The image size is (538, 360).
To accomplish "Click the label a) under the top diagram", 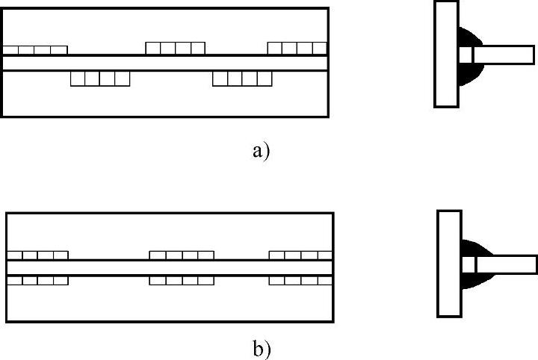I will pyautogui.click(x=260, y=152).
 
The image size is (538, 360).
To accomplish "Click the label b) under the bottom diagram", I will pyautogui.click(x=262, y=348).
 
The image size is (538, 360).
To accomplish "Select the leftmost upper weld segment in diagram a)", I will pyautogui.click(x=35, y=50).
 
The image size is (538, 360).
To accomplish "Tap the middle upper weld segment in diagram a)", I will pyautogui.click(x=175, y=49).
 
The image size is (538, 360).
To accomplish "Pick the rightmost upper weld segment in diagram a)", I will pyautogui.click(x=297, y=49).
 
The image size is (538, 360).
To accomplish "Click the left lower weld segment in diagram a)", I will pyautogui.click(x=100, y=78).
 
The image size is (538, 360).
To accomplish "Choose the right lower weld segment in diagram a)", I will pyautogui.click(x=242, y=78).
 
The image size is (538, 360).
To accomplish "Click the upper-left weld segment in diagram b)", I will pyautogui.click(x=37, y=255).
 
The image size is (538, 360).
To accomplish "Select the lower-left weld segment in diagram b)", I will pyautogui.click(x=37, y=281).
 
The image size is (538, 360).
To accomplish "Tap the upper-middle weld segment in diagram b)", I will pyautogui.click(x=182, y=255).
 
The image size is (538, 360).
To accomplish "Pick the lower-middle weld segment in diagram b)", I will pyautogui.click(x=182, y=281).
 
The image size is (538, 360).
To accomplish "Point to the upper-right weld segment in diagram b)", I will pyautogui.click(x=300, y=255).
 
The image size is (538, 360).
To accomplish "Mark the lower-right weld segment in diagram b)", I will pyautogui.click(x=300, y=281).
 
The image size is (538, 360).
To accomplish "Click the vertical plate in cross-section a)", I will pyautogui.click(x=446, y=54).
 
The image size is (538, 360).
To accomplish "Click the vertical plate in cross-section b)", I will pyautogui.click(x=448, y=263).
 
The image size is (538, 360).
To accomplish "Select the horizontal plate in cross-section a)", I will pyautogui.click(x=504, y=55).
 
